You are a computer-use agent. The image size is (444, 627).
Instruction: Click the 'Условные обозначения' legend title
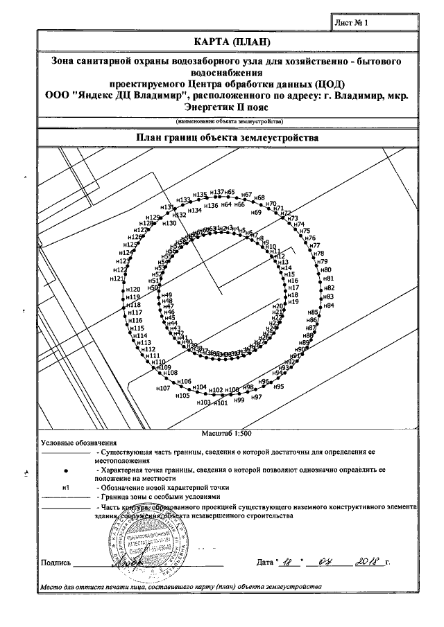coord(78,442)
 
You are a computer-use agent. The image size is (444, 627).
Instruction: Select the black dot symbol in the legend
coord(66,470)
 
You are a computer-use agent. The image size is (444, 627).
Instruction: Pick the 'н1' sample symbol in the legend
coord(66,488)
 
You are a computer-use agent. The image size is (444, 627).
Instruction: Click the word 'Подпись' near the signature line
coord(55,562)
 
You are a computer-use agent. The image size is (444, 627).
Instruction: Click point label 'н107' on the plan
coord(162,389)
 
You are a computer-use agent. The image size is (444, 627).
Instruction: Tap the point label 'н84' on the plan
coord(329,306)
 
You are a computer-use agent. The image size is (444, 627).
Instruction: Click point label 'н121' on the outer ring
coord(117,279)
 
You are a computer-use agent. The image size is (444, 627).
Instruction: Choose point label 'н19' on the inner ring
coord(293,302)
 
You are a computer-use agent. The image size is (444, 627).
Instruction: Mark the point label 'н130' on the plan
coord(169,223)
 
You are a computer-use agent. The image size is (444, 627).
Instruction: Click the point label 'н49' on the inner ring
coord(166,296)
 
